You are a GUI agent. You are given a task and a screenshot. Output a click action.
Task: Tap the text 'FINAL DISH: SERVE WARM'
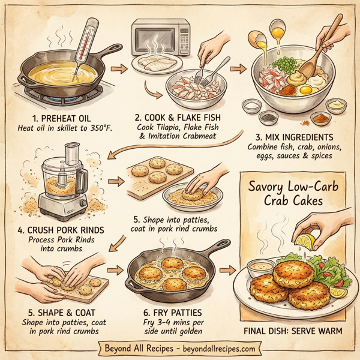point(295,329)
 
